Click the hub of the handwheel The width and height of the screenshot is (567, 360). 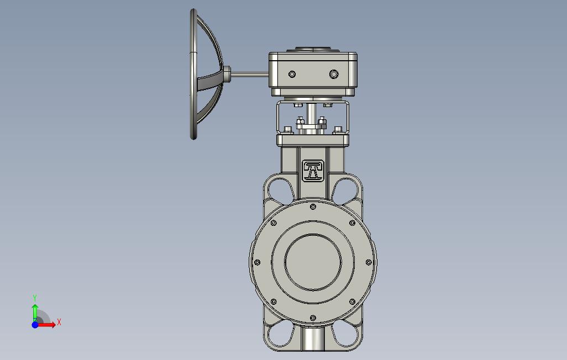pyautogui.click(x=227, y=75)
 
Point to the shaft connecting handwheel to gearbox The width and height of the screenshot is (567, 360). pyautogui.click(x=249, y=75)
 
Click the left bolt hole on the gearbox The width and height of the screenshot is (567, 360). pyautogui.click(x=292, y=75)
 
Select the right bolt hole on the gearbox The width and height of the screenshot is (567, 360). pyautogui.click(x=334, y=75)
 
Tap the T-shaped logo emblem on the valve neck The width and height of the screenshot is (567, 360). pyautogui.click(x=313, y=171)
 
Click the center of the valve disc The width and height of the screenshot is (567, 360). pyautogui.click(x=313, y=262)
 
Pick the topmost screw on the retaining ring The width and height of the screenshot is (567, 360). pyautogui.click(x=313, y=207)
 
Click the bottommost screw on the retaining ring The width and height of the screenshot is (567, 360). pyautogui.click(x=313, y=318)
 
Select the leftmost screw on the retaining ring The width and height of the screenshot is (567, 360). pyautogui.click(x=258, y=262)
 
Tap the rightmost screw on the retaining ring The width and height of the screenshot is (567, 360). pyautogui.click(x=369, y=262)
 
